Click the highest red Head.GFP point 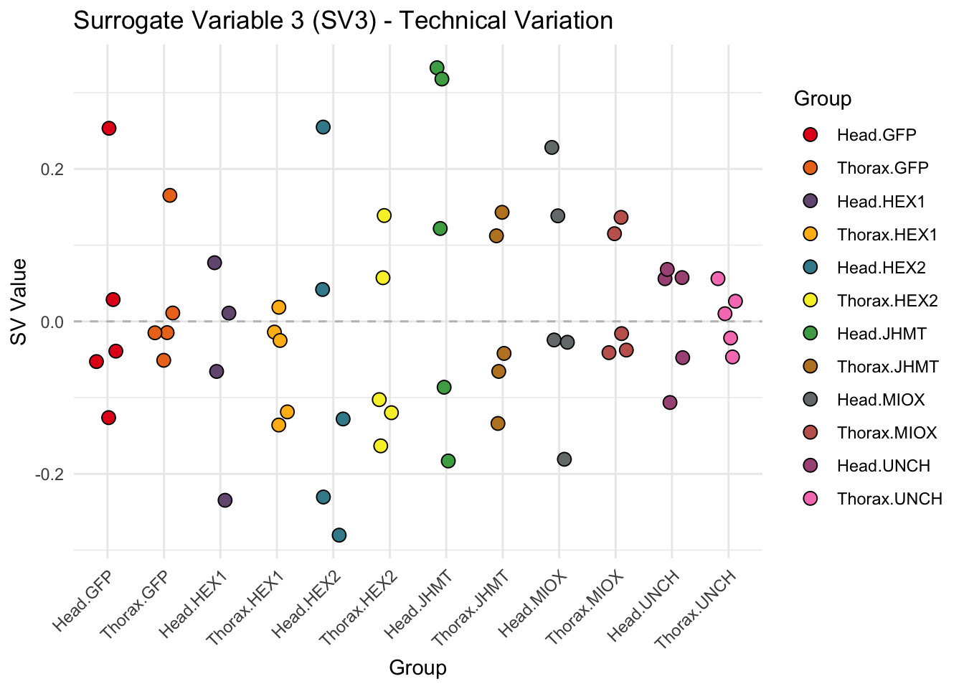click(109, 128)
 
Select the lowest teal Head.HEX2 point click(339, 535)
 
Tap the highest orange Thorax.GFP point click(170, 195)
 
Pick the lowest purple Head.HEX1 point click(225, 500)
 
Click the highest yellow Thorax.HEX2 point click(384, 215)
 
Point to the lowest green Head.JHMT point click(448, 461)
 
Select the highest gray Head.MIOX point click(552, 147)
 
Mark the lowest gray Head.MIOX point click(564, 459)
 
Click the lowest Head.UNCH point click(670, 403)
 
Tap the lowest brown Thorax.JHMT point click(498, 423)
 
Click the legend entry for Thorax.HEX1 click(887, 235)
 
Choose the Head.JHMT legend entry click(882, 334)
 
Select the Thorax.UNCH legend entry click(889, 499)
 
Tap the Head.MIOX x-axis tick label click(534, 604)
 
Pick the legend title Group click(823, 98)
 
